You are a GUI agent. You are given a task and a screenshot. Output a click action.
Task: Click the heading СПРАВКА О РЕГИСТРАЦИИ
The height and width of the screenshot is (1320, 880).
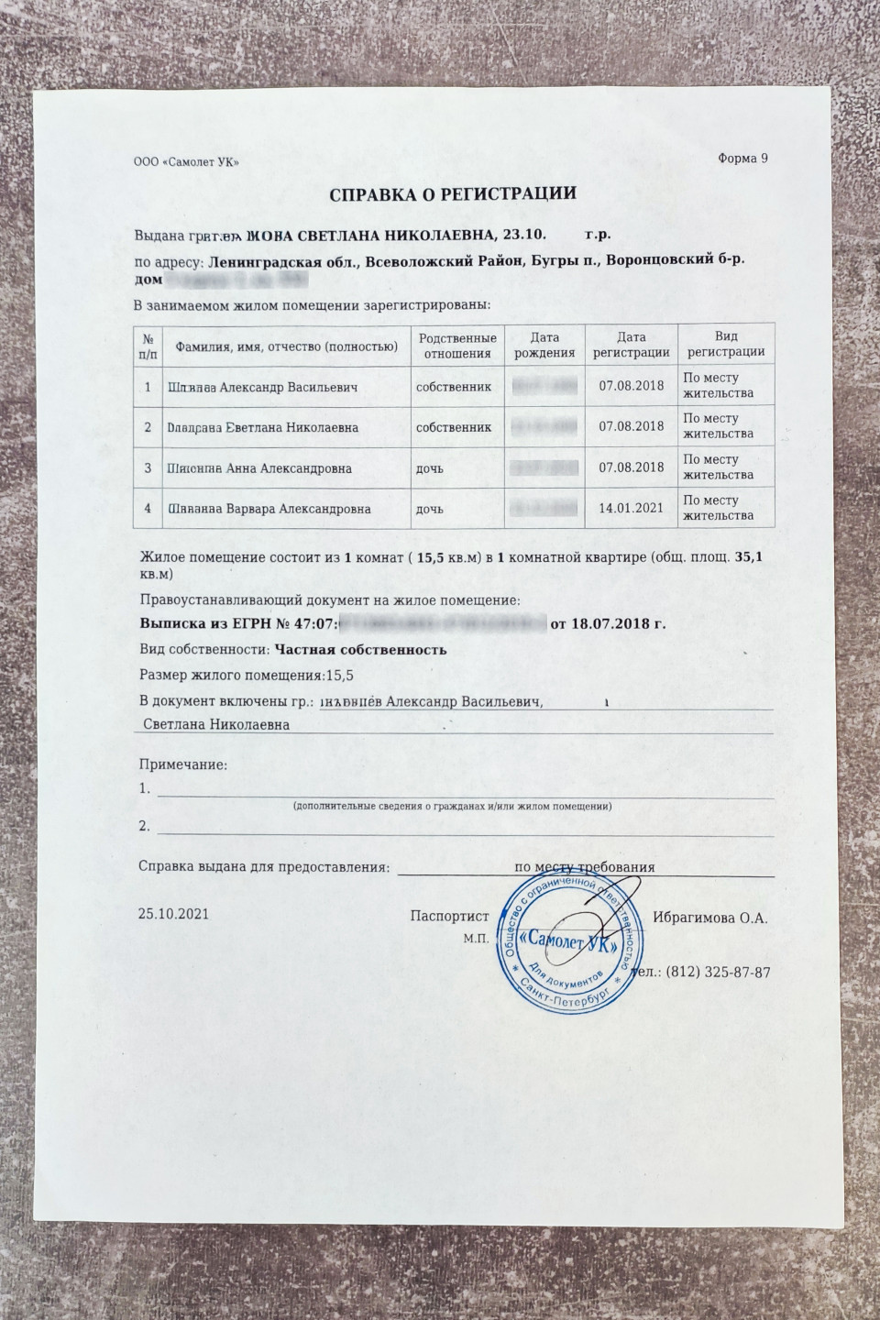tap(452, 193)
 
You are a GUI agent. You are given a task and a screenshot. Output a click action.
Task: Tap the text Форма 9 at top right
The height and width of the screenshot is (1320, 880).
tap(742, 159)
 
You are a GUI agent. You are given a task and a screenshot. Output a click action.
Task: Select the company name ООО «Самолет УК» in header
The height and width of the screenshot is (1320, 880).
tap(186, 162)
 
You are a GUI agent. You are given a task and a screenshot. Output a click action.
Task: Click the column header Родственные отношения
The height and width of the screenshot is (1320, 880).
tap(456, 345)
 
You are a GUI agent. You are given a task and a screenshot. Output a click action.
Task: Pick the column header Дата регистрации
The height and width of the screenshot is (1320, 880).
tap(631, 345)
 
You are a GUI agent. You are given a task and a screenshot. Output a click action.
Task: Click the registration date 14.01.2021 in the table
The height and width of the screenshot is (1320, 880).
tap(631, 507)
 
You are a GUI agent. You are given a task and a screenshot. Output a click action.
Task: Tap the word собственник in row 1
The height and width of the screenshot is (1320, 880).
tap(454, 387)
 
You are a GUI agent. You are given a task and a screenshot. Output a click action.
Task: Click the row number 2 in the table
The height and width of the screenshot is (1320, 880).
tap(148, 427)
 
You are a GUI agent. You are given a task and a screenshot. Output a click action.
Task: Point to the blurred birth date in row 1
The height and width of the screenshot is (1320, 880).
tap(544, 386)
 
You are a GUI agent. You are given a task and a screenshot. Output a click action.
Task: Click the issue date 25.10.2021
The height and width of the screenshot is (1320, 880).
tap(173, 914)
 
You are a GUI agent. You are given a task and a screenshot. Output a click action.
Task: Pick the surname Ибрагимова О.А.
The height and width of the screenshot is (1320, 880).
tap(709, 918)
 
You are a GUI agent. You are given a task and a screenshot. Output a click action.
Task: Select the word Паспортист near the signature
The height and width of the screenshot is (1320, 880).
tap(449, 917)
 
